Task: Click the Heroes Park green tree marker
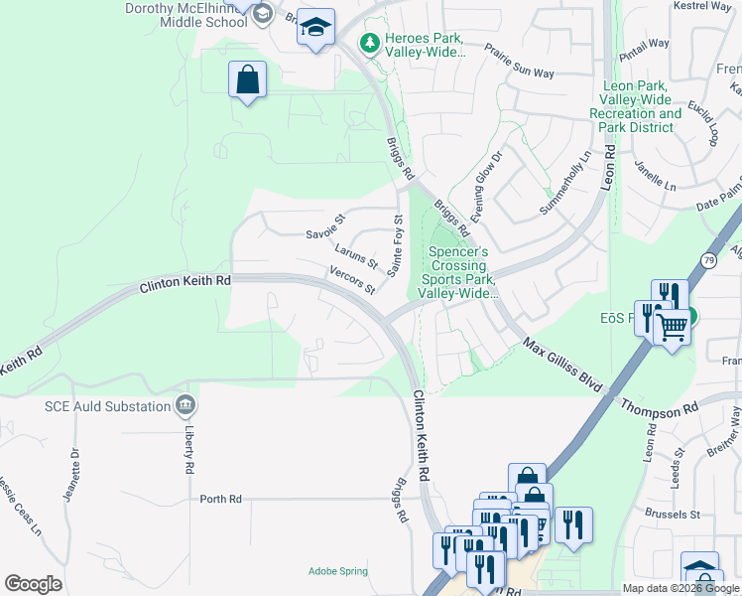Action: pyautogui.click(x=369, y=44)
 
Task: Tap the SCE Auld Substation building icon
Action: pyautogui.click(x=185, y=404)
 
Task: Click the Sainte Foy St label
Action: pyautogui.click(x=397, y=245)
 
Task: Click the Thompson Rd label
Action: pyautogui.click(x=660, y=408)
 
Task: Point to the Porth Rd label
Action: pyautogui.click(x=220, y=499)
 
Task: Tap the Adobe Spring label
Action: pyautogui.click(x=337, y=571)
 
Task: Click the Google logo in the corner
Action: pyautogui.click(x=33, y=584)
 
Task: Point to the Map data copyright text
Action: pyautogui.click(x=680, y=588)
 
